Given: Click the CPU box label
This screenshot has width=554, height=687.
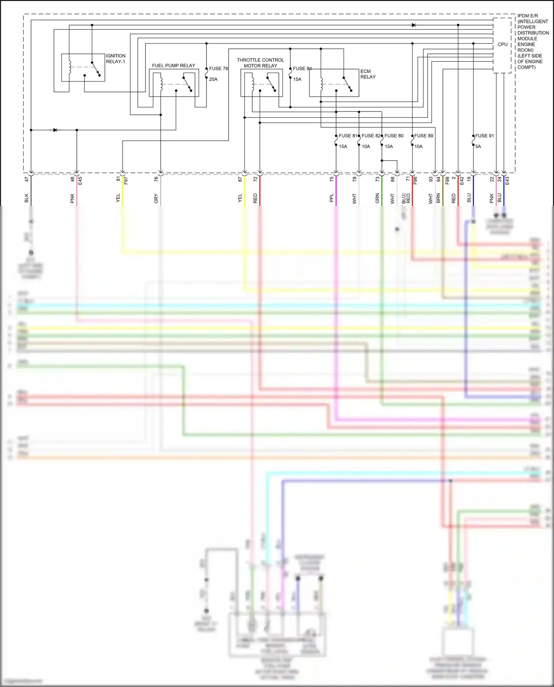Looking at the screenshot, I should point(502,44).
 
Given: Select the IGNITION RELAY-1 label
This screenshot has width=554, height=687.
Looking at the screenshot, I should point(116,59).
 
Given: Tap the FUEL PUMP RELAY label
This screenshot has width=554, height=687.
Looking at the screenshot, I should point(173,66).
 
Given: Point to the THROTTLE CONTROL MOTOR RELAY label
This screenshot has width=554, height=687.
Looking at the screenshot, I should point(260,63).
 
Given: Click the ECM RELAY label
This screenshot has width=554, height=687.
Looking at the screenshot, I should point(367,74).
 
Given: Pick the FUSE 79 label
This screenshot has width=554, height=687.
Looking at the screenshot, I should point(218,69).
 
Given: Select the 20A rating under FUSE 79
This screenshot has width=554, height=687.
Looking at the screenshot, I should point(213,79).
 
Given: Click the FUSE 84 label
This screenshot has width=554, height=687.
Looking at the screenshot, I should point(302,69).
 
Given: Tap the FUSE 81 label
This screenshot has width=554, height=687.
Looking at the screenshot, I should point(348,136).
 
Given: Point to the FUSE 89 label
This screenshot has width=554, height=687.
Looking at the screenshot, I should point(423,136).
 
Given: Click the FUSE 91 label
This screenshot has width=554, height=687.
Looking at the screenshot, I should point(484,136).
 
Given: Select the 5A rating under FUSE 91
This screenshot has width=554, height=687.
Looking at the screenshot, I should point(478,147).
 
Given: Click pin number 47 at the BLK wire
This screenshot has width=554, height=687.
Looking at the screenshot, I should point(27,179).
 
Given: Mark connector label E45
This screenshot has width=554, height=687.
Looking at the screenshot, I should point(80,181).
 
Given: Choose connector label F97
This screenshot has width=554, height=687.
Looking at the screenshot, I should point(126,181).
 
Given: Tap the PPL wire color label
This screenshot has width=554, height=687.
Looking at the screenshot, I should point(331,198).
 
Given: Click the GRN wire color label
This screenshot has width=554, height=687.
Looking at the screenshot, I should point(377,198).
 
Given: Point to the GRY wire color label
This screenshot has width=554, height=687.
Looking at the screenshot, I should point(156,198).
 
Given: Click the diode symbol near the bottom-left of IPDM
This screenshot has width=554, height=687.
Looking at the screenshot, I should point(55,130).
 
